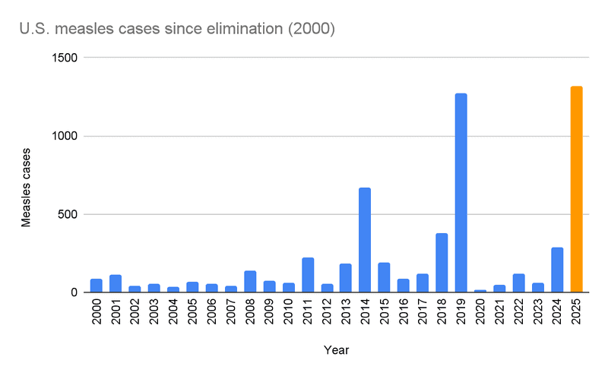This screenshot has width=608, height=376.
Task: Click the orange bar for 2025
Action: click(x=576, y=189)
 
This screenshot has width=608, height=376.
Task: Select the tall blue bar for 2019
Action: click(x=461, y=193)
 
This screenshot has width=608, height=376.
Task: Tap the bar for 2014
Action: click(x=365, y=240)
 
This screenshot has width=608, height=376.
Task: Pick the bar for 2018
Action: click(x=442, y=263)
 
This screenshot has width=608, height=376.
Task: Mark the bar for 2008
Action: click(x=249, y=282)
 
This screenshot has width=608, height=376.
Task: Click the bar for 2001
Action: click(x=115, y=283)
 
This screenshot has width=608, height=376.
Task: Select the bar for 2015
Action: click(x=384, y=278)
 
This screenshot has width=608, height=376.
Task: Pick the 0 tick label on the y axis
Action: click(x=74, y=292)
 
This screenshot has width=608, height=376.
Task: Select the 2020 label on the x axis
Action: click(x=480, y=312)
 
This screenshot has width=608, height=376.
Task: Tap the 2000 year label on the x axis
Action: click(x=96, y=312)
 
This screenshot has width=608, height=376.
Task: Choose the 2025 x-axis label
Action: click(x=576, y=312)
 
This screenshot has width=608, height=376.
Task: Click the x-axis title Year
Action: click(x=336, y=350)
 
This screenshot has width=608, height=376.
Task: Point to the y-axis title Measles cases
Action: click(x=25, y=175)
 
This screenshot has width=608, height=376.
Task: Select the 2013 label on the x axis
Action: click(x=346, y=312)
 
